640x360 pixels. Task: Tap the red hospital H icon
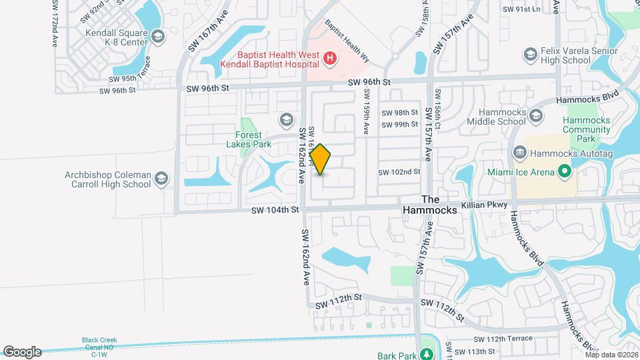pyautogui.click(x=329, y=60)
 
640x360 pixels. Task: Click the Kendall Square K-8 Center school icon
pyautogui.click(x=157, y=36)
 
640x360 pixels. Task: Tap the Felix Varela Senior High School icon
pyautogui.click(x=531, y=54)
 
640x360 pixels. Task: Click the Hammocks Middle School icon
pyautogui.click(x=535, y=117)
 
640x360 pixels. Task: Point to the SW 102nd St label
pyautogui.click(x=399, y=172)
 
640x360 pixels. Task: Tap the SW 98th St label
pyautogui.click(x=400, y=113)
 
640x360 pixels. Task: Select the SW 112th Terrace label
pyautogui.click(x=511, y=339)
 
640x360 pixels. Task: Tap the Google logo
pyautogui.click(x=22, y=352)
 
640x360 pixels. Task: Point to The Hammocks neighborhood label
pyautogui.click(x=431, y=205)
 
